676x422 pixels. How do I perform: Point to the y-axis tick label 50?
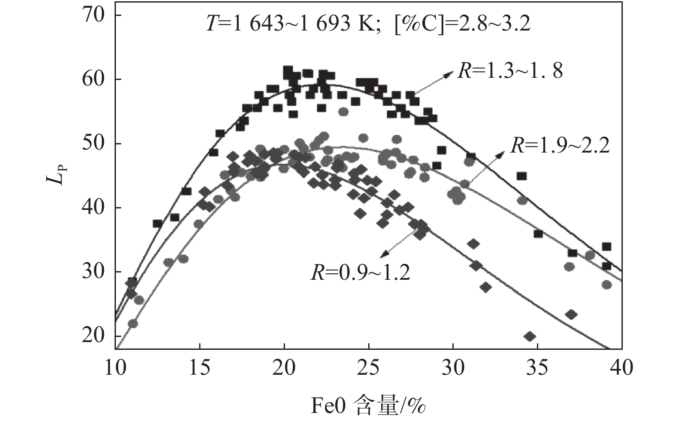[94, 144]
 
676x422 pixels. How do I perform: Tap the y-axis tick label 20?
[94, 336]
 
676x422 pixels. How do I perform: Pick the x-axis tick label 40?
[621, 368]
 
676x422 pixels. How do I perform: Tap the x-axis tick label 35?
[537, 368]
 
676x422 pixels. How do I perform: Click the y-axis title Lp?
[55, 175]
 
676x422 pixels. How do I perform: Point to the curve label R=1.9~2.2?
[560, 147]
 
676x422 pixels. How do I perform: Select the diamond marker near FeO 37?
[571, 315]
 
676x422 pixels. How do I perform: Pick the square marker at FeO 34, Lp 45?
[521, 176]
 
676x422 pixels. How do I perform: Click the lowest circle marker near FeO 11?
[133, 323]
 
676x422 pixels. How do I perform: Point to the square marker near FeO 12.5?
[158, 223]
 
